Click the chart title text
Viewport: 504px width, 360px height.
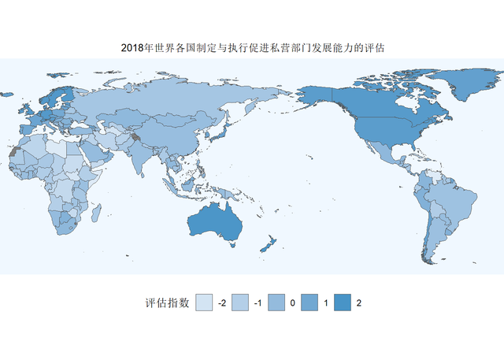click(252, 48)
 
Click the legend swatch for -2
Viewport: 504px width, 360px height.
click(205, 302)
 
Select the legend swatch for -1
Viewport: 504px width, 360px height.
click(239, 302)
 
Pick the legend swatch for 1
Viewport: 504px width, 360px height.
click(309, 302)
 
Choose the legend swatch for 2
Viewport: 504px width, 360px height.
click(343, 302)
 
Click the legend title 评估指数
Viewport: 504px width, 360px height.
click(167, 303)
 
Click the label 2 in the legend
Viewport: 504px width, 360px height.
click(359, 303)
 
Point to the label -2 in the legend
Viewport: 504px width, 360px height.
click(221, 303)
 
